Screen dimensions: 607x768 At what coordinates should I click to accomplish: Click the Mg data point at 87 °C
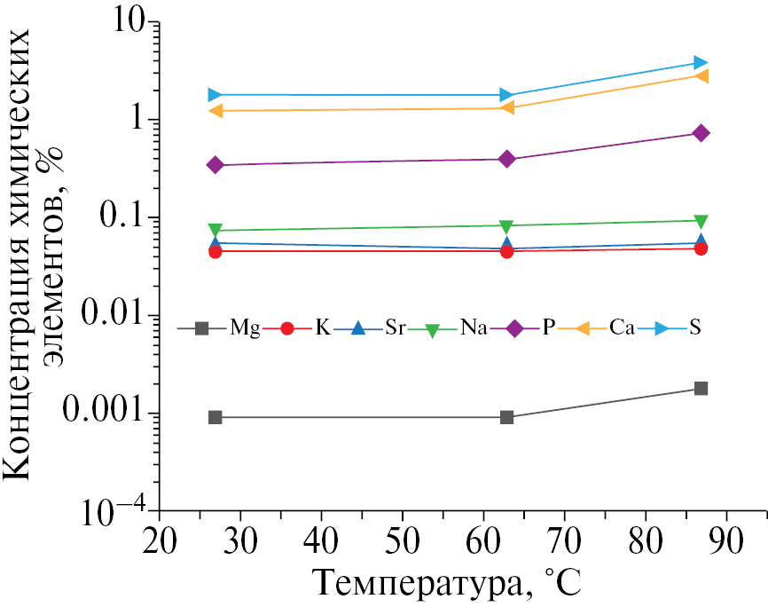[701, 388]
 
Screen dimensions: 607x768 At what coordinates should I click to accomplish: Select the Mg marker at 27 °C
[215, 417]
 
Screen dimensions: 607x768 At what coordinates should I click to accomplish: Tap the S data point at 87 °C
[701, 62]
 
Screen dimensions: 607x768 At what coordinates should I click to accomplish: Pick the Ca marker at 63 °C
[506, 107]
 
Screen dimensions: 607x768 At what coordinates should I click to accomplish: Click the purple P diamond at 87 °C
[701, 133]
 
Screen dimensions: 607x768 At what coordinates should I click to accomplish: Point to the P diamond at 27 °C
[215, 165]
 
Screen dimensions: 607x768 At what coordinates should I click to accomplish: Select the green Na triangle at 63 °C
[506, 226]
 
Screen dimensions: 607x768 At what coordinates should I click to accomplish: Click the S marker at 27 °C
[215, 94]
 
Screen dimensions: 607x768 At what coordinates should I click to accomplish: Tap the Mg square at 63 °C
[506, 417]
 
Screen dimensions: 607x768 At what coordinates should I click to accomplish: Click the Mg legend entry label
[245, 328]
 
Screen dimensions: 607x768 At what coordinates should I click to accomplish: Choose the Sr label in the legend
[396, 328]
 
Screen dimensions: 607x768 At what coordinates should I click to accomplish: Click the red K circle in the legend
[287, 328]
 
